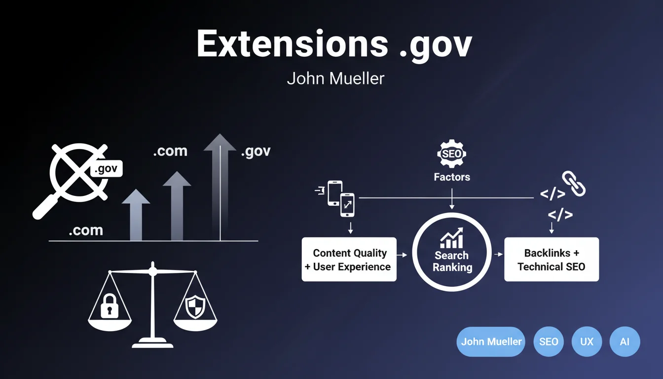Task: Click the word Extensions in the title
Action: (x=292, y=44)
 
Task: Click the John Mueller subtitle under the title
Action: (x=335, y=79)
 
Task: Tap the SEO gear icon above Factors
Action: (x=452, y=153)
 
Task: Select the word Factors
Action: (x=452, y=177)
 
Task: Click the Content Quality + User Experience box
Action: (x=349, y=260)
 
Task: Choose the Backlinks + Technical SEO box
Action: (x=552, y=260)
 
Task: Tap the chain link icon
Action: (x=574, y=183)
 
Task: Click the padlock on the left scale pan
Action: (x=110, y=306)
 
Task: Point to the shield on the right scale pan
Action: (x=195, y=306)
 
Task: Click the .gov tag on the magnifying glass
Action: (x=106, y=169)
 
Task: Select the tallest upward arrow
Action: (x=220, y=187)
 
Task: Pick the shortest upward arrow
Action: (x=136, y=215)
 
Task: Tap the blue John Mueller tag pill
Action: (x=491, y=341)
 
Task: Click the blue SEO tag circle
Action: (x=549, y=341)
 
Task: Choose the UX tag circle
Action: (x=587, y=341)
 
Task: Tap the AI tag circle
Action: (x=625, y=341)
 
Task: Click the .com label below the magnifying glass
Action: (x=86, y=230)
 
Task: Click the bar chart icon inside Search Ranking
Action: (x=452, y=238)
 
